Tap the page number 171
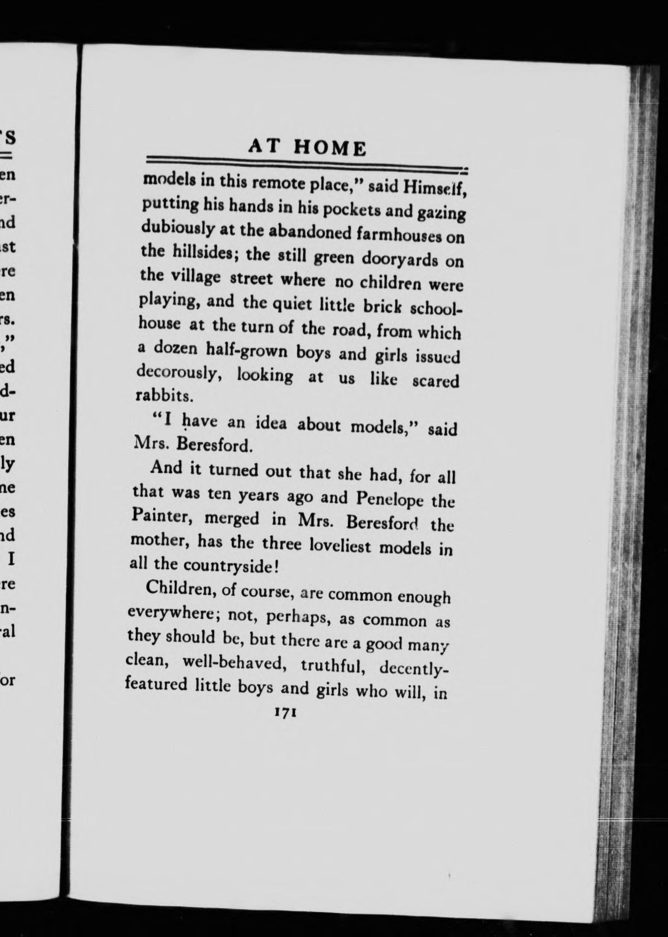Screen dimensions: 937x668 [283, 712]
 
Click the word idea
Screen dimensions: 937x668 [267, 423]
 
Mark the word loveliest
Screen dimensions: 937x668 [341, 544]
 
